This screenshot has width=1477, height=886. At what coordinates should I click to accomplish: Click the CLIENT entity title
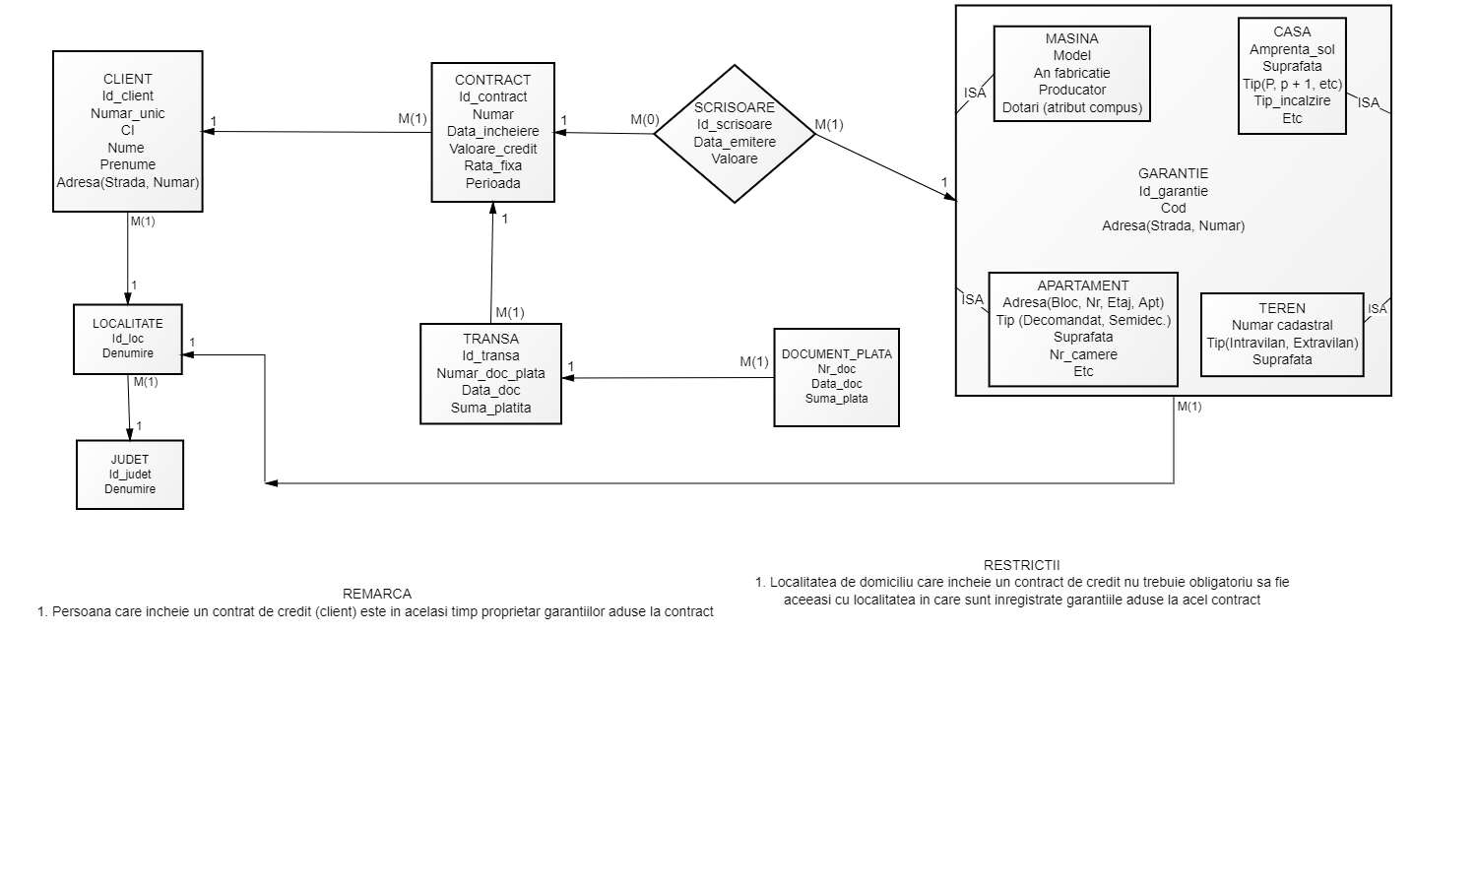[x=128, y=79]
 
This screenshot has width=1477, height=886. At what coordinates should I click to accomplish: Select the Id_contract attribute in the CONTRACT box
[x=492, y=96]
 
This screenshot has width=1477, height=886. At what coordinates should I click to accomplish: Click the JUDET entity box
[x=130, y=475]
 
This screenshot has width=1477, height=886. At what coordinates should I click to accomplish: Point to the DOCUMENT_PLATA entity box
[x=836, y=377]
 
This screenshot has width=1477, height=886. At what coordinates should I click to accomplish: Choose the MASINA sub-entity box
[x=1071, y=74]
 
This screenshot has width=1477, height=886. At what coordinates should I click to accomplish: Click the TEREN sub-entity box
[x=1282, y=335]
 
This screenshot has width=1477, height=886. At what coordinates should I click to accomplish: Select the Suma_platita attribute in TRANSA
[x=490, y=408]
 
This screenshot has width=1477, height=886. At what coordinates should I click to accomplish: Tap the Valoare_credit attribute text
[x=492, y=149]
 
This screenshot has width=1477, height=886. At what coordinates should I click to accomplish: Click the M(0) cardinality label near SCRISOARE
[x=645, y=120]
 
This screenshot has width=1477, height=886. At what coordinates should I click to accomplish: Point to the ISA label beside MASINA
[x=975, y=93]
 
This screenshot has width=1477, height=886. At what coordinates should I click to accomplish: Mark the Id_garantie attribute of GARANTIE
[x=1173, y=191]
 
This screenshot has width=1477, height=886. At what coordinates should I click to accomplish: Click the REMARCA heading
[x=377, y=594]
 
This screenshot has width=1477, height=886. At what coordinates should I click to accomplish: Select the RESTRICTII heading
[x=1021, y=565]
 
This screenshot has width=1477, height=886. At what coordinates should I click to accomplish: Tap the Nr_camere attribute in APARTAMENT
[x=1083, y=354]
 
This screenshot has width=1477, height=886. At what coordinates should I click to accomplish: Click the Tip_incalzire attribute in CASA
[x=1292, y=100]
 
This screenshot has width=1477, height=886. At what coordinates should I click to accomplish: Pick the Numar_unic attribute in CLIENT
[x=128, y=113]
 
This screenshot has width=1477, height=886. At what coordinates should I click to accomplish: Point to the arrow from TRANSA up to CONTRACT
[x=492, y=261]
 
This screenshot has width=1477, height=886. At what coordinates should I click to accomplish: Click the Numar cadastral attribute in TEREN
[x=1282, y=325]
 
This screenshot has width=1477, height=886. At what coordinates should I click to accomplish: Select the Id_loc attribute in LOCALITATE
[x=128, y=339]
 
